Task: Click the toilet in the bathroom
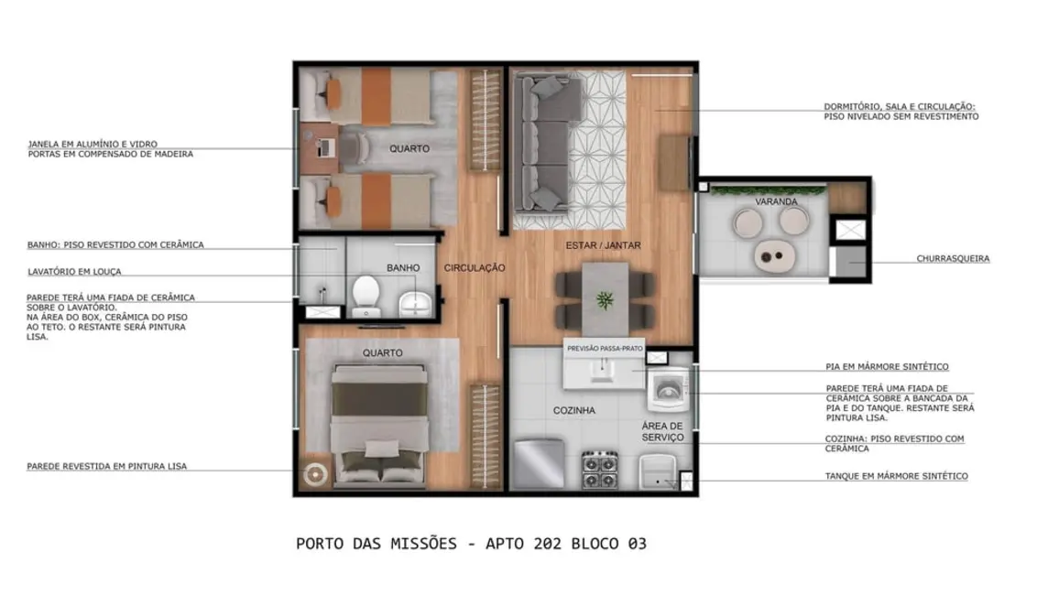(366, 293)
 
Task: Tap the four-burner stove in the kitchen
(601, 470)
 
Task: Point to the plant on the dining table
(605, 298)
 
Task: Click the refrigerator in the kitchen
(538, 463)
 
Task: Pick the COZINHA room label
(574, 411)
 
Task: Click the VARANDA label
(776, 201)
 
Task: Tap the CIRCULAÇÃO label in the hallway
(475, 268)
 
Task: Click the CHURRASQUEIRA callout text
(953, 259)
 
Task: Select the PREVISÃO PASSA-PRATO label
(606, 349)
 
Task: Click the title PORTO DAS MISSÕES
(377, 544)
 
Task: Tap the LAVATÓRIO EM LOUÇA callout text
(74, 272)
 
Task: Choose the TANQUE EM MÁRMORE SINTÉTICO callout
(896, 476)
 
